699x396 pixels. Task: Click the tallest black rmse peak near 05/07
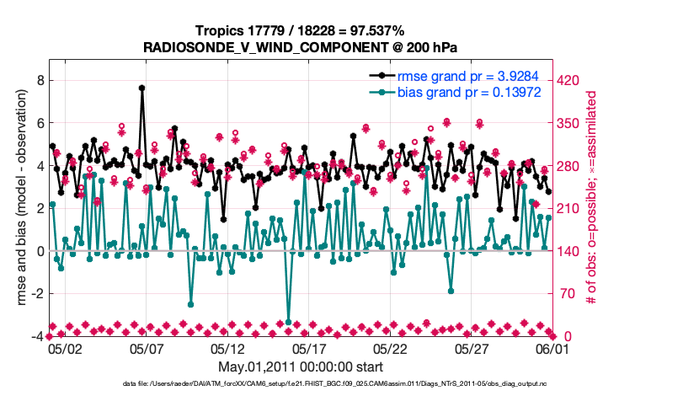[141, 88]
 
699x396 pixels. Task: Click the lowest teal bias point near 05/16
[289, 322]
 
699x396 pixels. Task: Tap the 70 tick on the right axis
[566, 294]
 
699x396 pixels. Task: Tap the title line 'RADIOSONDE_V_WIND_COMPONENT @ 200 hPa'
[301, 46]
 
